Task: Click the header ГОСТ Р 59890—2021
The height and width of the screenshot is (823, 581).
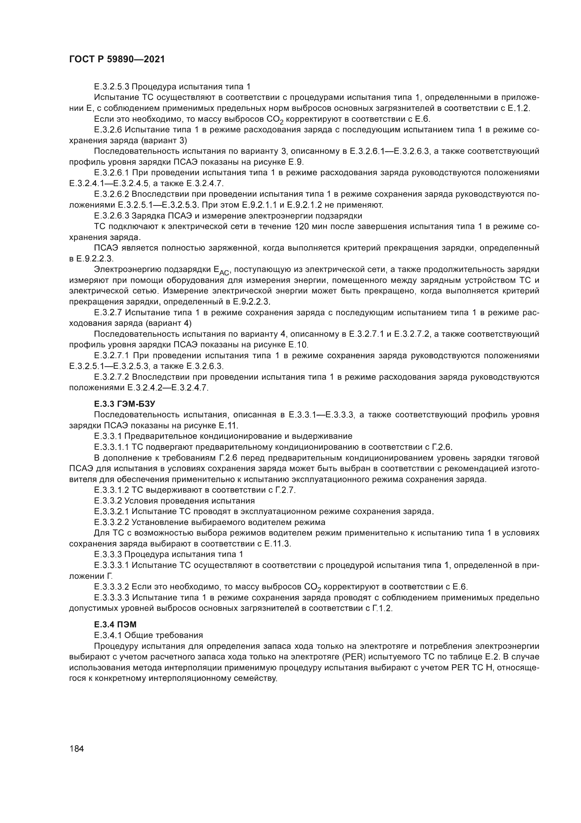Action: (x=117, y=59)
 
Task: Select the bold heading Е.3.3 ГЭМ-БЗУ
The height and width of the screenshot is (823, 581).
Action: (x=124, y=404)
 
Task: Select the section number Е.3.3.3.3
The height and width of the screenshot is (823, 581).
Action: (x=112, y=597)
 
